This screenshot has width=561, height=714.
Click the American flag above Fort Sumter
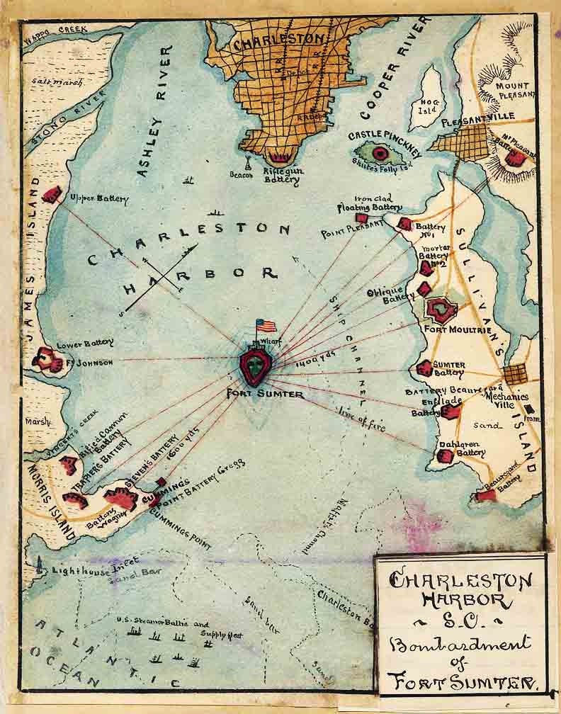coord(266,325)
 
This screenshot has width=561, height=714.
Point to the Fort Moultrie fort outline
coord(442,310)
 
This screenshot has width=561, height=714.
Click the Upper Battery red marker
coord(52,193)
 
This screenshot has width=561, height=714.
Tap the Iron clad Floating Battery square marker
coord(361,218)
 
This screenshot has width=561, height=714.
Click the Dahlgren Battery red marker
coord(445,456)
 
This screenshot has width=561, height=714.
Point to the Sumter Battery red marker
coord(424,368)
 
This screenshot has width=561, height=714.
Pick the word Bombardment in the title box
coord(460,644)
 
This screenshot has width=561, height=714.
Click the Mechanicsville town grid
coord(515,374)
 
